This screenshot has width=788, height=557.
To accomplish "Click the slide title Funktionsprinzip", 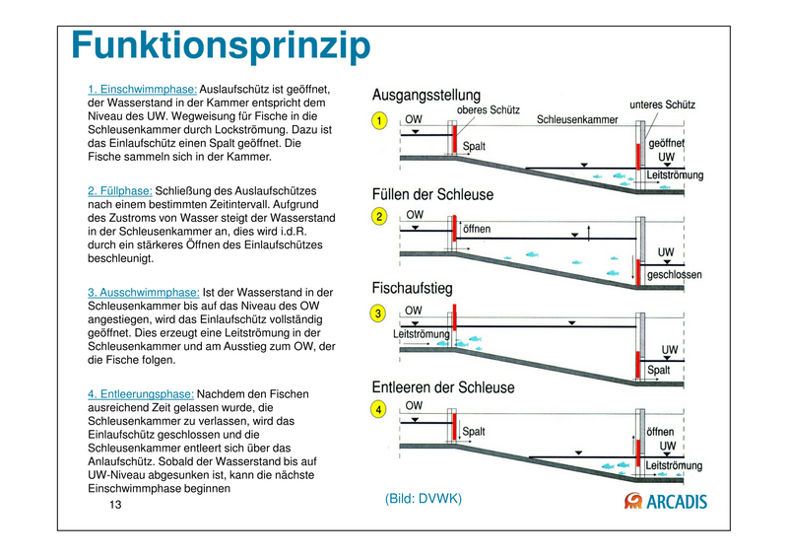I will click(221, 46).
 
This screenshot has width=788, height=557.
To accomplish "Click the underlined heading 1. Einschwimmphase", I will click(142, 90).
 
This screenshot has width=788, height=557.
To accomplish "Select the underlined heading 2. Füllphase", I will click(119, 190).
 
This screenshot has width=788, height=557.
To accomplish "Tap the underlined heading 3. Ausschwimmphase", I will click(143, 293).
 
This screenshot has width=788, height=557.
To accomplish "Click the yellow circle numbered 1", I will click(378, 121).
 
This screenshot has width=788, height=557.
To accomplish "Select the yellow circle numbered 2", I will click(378, 217).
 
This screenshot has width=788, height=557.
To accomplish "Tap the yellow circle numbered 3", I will click(378, 313).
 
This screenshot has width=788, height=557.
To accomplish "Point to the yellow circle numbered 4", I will click(378, 408).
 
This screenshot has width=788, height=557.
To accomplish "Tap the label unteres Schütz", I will click(662, 104).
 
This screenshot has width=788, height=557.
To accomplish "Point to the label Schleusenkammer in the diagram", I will click(577, 120).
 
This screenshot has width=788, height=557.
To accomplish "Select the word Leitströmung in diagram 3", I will click(422, 334).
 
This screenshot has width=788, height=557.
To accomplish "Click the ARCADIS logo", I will click(667, 501).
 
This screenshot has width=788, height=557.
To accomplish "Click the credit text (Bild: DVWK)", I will click(424, 499).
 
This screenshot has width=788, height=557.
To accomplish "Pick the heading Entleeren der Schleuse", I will click(442, 387).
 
